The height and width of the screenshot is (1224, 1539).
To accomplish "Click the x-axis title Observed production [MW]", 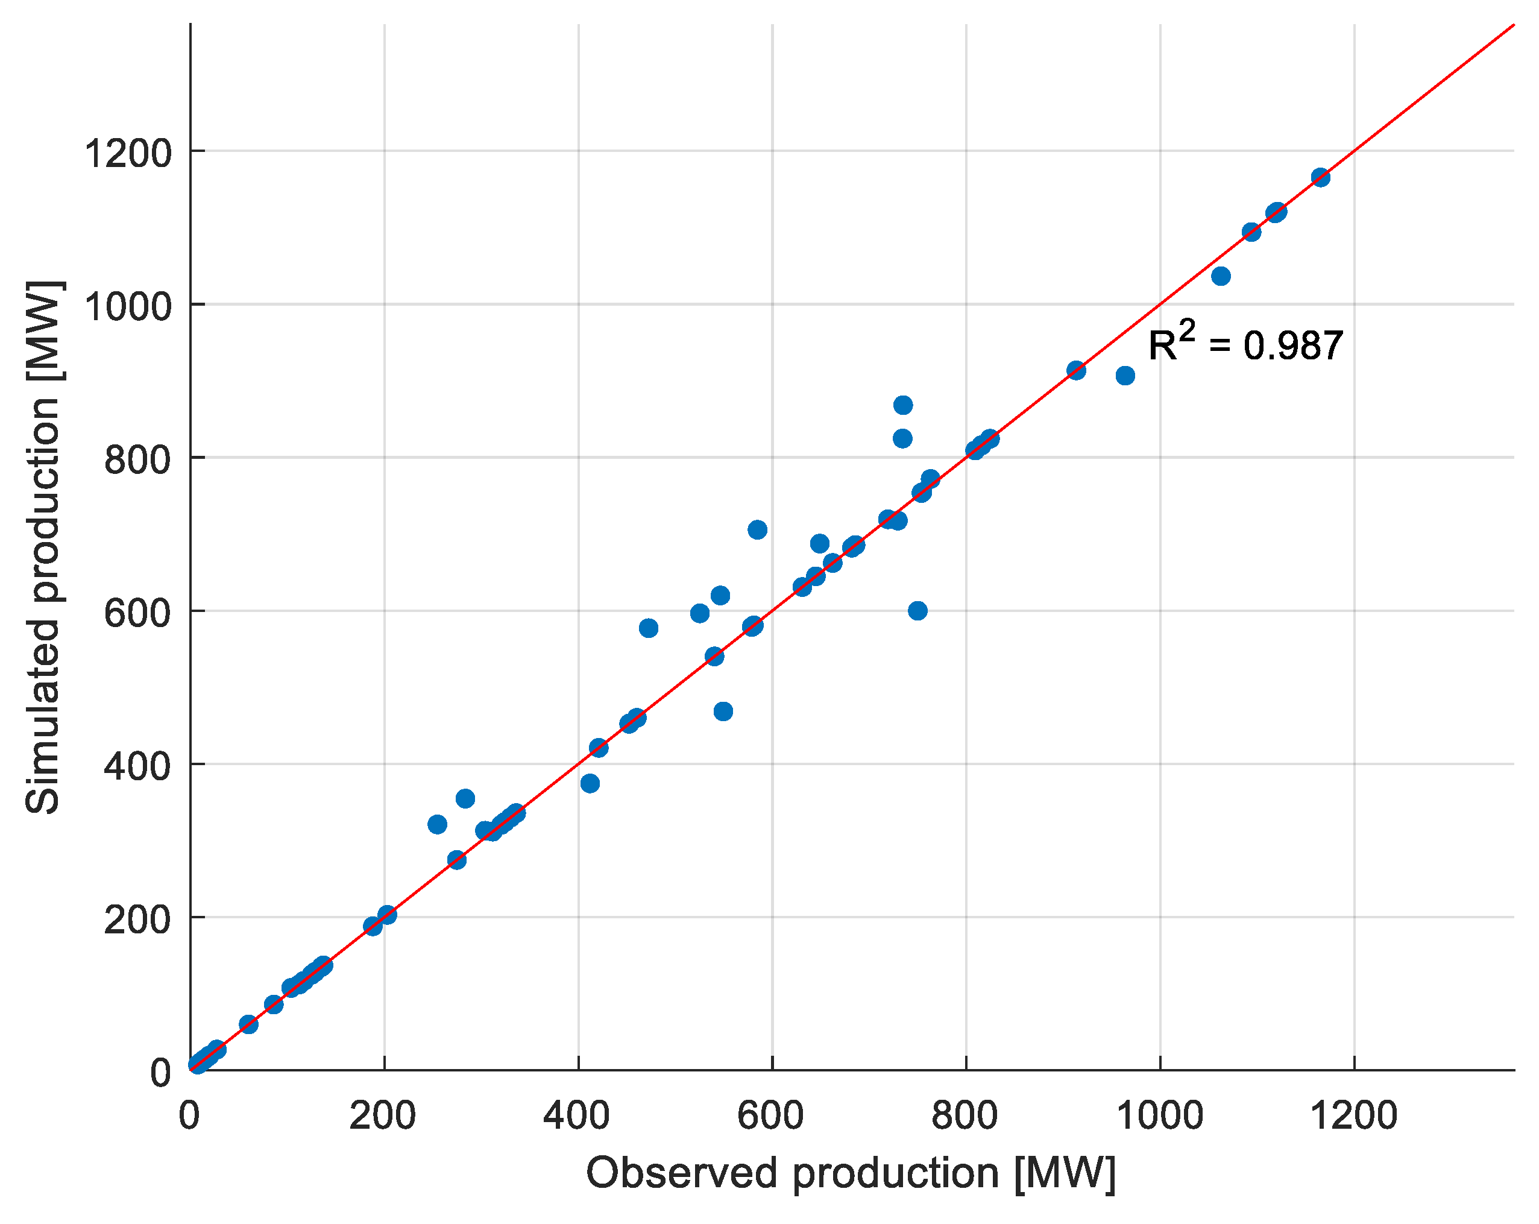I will coord(850,1173).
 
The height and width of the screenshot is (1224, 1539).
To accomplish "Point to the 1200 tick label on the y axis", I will coord(128,154).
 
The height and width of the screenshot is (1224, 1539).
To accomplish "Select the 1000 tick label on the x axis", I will coord(1159,1115).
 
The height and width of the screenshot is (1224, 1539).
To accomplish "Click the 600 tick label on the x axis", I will coord(771,1115).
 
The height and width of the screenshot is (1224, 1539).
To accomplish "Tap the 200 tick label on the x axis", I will coord(383,1115).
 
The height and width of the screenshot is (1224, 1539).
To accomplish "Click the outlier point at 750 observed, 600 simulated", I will coord(917,611).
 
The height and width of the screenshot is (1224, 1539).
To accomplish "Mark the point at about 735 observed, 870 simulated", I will coord(902,405).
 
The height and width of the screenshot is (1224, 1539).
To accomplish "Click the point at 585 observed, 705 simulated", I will coord(757,529).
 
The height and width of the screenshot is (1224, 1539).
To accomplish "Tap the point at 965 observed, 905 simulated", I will coord(1124,376).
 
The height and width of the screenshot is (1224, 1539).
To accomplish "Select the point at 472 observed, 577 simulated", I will coord(647,628).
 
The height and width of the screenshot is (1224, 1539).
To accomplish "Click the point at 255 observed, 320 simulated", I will coord(437,824).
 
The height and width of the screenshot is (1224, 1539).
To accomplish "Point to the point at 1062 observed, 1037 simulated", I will coord(1220,276).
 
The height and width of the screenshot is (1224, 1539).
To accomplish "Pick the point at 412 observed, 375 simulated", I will coord(589,783).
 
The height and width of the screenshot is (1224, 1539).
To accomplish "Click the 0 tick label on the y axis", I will coord(160,1073).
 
